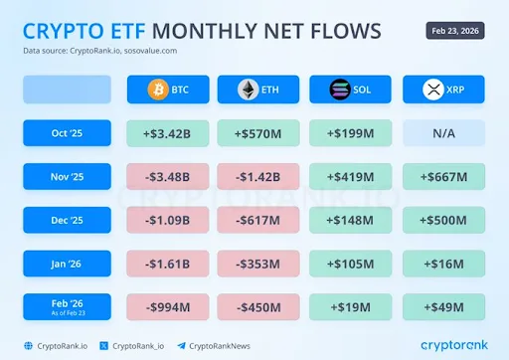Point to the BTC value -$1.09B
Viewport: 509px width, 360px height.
(x=167, y=220)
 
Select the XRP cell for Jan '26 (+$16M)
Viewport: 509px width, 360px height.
(x=443, y=263)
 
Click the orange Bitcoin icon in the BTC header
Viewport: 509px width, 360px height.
(x=155, y=90)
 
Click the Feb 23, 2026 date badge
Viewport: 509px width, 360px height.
(x=457, y=31)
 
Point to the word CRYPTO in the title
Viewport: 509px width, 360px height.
(x=59, y=31)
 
